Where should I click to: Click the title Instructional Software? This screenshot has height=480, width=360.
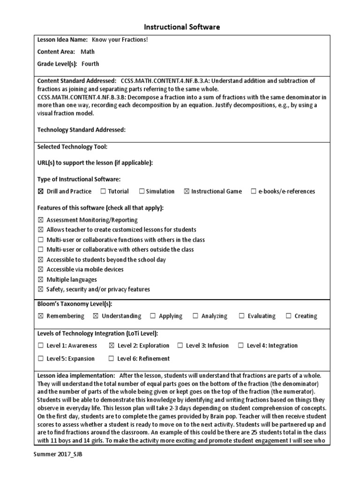(180, 27)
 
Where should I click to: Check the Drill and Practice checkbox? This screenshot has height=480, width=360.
(40, 191)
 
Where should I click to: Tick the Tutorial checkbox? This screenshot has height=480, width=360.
(102, 191)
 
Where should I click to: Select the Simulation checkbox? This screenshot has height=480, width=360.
(141, 191)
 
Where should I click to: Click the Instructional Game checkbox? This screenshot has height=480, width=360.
(187, 191)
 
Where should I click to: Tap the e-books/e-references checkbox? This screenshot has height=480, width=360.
(254, 191)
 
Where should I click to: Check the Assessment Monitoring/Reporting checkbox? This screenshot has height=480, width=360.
(40, 220)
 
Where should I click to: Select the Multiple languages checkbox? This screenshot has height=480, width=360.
(40, 279)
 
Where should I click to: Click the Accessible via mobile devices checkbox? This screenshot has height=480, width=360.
(40, 270)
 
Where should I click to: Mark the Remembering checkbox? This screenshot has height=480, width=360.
(40, 316)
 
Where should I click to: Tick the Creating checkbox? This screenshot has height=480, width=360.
(288, 316)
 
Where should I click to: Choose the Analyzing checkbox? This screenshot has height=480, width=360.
(195, 316)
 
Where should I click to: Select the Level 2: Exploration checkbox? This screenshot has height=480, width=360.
(111, 345)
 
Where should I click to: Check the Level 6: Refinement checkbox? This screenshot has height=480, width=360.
(111, 359)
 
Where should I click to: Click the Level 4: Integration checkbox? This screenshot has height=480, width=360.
(240, 345)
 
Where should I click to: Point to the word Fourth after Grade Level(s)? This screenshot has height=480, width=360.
(90, 64)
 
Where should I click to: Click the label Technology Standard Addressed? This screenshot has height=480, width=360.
(82, 130)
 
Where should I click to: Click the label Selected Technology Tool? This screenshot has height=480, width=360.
(72, 147)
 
